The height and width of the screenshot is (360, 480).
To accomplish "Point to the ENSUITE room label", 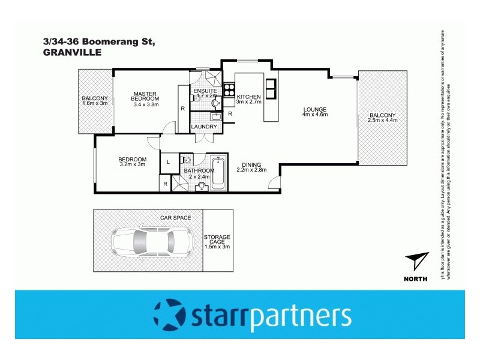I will (204, 90).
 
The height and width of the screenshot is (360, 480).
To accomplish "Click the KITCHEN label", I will (248, 97).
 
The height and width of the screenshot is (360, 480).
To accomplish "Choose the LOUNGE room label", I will (314, 109).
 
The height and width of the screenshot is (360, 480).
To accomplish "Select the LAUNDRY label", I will (204, 127).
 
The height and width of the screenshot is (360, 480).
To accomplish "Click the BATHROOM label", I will (199, 170).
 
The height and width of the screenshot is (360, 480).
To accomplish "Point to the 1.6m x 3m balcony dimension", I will (95, 104).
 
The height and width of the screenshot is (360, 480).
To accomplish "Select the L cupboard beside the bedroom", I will (167, 162).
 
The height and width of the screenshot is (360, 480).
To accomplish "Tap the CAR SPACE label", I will (175, 217).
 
